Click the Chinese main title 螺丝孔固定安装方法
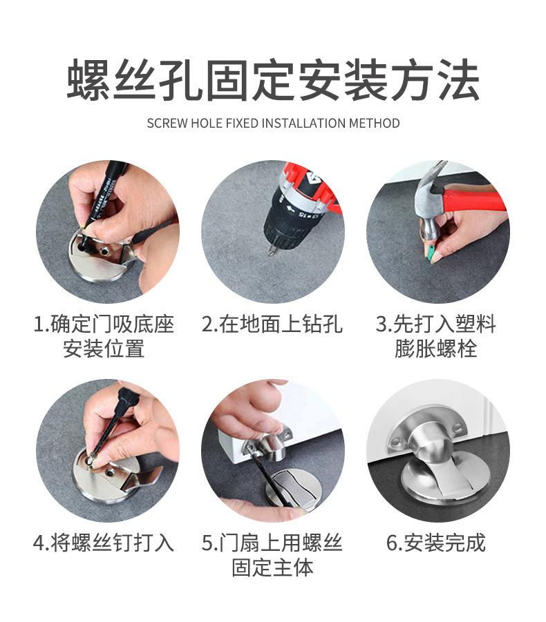point(273,79)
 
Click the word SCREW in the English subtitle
point(167,124)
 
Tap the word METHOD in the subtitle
point(374,124)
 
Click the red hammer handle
point(473,201)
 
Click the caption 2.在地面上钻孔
point(272,324)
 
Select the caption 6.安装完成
point(436,543)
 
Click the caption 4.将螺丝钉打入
point(104,543)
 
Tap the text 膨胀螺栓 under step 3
point(436,349)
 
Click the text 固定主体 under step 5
point(273,567)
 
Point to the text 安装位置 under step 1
point(104,349)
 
